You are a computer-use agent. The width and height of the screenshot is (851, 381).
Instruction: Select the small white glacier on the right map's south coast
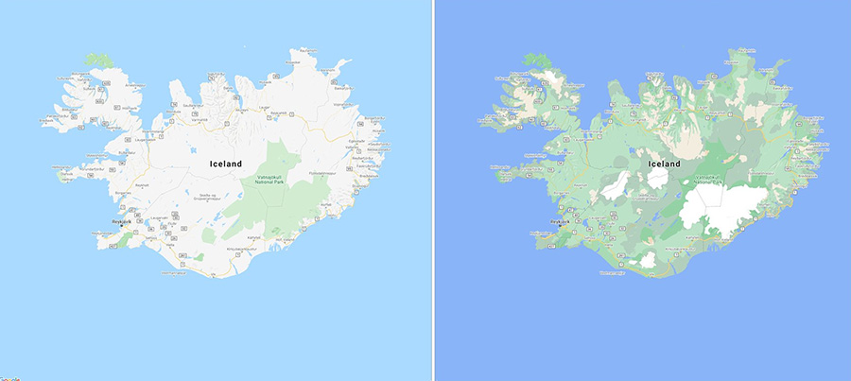[649, 258]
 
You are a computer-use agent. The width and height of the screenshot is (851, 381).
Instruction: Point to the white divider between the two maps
[433, 189]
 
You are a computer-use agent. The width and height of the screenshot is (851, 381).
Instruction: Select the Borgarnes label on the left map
[124, 193]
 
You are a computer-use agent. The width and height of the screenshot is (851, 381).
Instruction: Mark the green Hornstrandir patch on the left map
[98, 60]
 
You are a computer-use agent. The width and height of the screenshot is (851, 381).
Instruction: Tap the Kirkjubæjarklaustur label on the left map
[244, 248]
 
